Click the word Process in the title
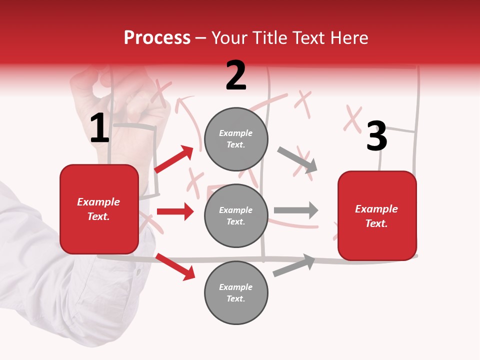tap(157, 37)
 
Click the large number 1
tap(99, 128)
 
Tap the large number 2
tap(236, 75)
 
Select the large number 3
tap(376, 136)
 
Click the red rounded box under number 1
tap(99, 209)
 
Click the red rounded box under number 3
tap(377, 215)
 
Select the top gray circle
tap(236, 139)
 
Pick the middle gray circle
tap(236, 215)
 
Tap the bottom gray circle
tap(236, 292)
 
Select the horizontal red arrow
tap(175, 211)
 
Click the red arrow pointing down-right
tap(175, 266)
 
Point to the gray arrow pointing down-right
tap(297, 159)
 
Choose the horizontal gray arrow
tap(296, 210)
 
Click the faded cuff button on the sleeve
tap(138, 272)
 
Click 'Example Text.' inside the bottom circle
tap(236, 292)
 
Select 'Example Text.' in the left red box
tap(98, 209)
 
